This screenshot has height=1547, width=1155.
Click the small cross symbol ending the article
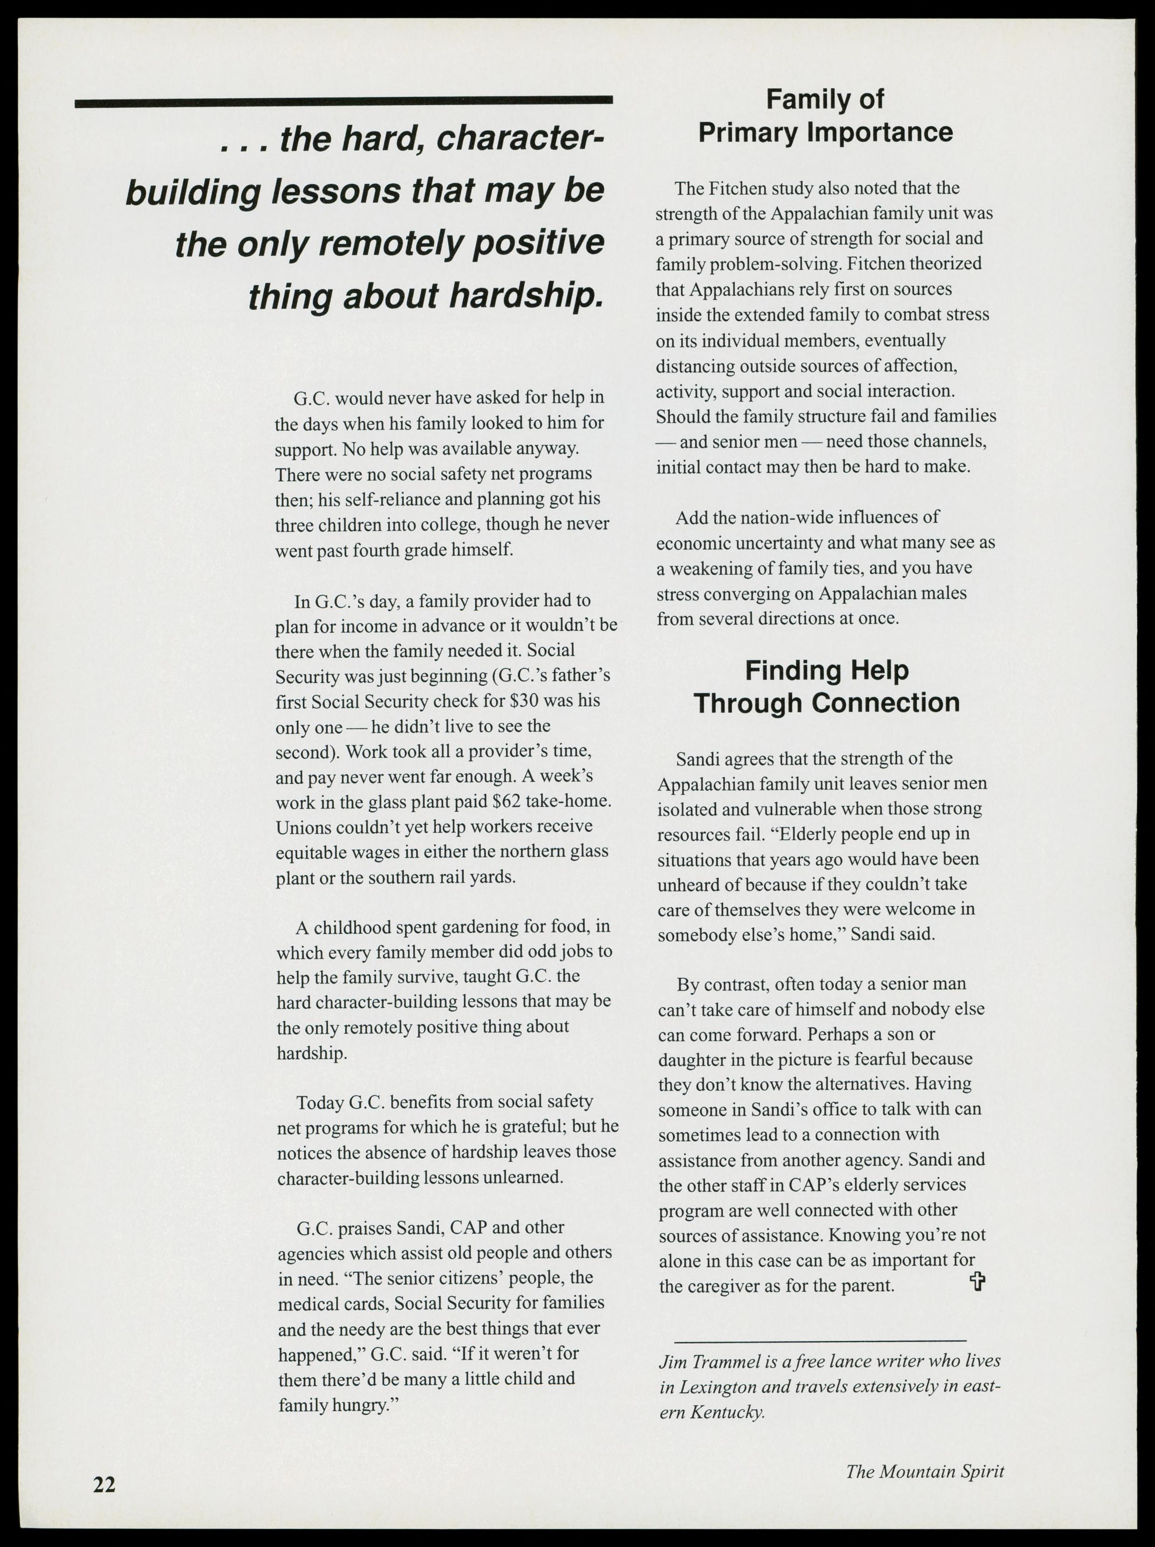(x=977, y=1281)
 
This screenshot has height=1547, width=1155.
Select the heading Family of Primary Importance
(x=825, y=116)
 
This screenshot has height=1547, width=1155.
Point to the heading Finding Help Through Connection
(x=826, y=686)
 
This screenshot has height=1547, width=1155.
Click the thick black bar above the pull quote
(x=343, y=102)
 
